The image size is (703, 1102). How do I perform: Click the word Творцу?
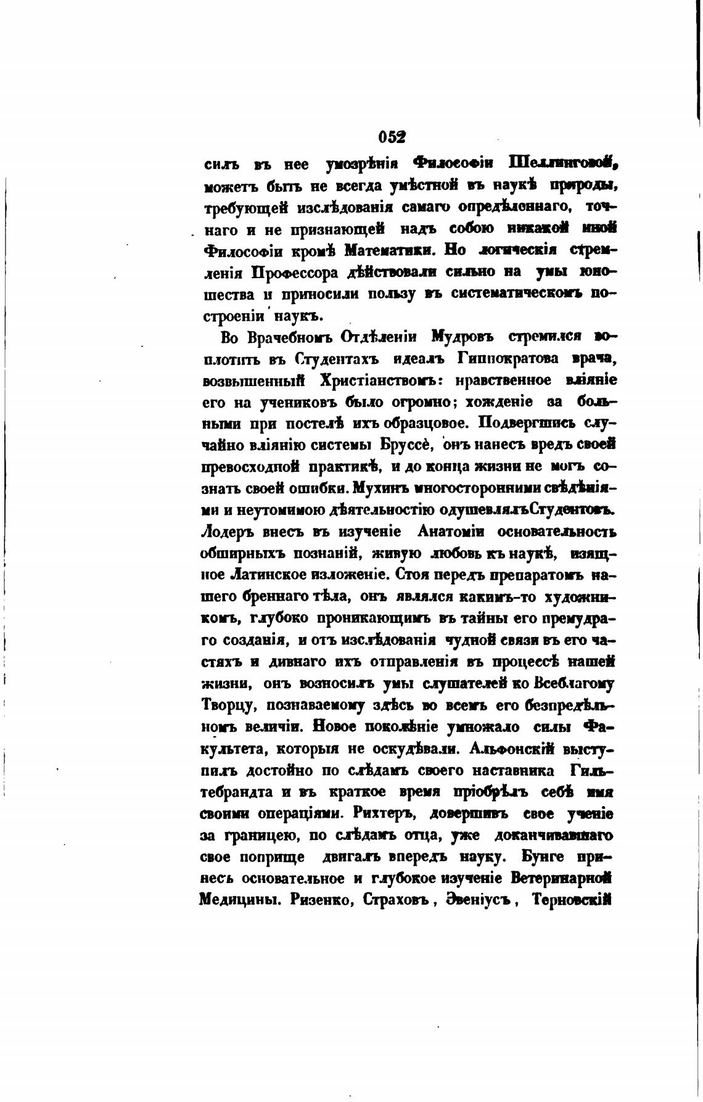(x=225, y=705)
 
